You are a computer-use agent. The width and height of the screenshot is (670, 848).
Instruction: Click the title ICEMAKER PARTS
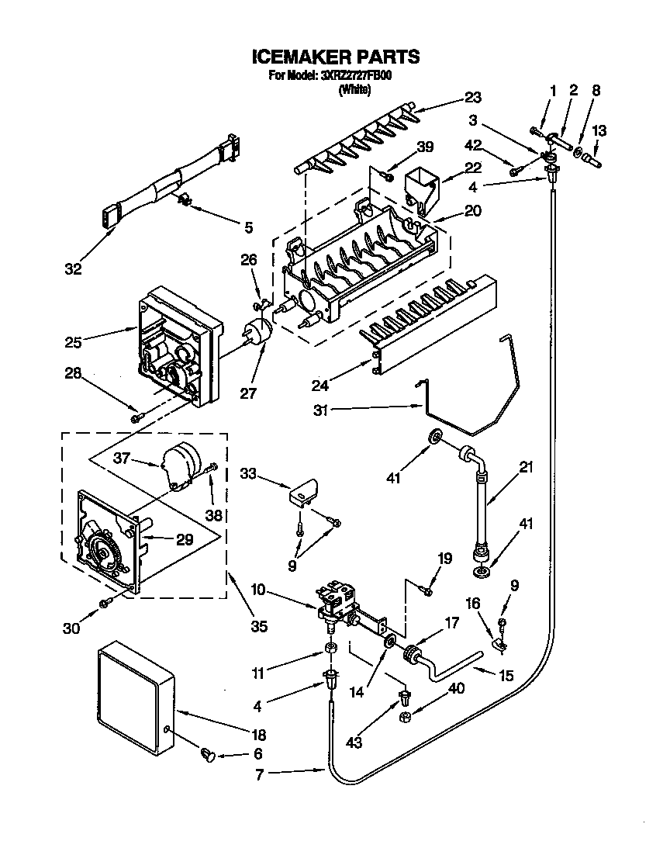336,57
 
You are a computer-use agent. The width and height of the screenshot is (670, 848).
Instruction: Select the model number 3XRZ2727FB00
357,76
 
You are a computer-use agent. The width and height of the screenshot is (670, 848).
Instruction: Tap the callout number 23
472,98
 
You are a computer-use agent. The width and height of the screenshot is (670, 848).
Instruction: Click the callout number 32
73,270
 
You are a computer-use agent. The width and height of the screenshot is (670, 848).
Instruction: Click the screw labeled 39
385,175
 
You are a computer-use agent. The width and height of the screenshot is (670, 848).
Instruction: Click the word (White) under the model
355,89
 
